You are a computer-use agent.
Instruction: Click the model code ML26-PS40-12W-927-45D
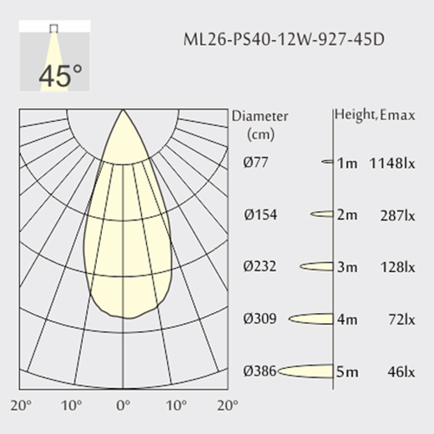click(x=284, y=39)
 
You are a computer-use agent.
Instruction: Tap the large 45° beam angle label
click(x=61, y=75)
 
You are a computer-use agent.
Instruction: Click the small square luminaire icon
click(x=53, y=28)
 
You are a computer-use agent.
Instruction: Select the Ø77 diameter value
click(x=255, y=162)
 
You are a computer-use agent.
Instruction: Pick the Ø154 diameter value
click(x=260, y=214)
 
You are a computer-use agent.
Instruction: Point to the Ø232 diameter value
click(x=260, y=266)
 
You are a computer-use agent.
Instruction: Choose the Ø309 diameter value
click(x=260, y=319)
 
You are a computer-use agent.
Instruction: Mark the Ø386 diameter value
click(x=260, y=371)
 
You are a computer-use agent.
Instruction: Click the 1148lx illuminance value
click(x=392, y=164)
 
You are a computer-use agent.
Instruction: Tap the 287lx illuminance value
click(x=398, y=216)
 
